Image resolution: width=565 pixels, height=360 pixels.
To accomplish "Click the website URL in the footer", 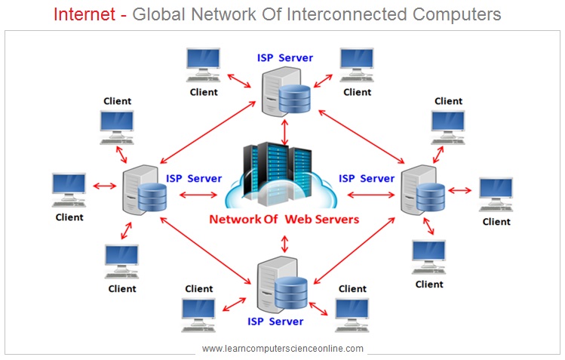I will coord(283,349).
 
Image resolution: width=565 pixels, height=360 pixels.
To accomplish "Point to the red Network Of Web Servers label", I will coord(284,220).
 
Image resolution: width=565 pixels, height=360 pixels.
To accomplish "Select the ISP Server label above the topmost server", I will coord(285,57).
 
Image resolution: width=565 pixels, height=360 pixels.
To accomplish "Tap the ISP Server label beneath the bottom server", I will coord(276,322).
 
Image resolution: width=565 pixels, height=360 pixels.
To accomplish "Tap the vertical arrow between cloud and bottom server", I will coord(284,243).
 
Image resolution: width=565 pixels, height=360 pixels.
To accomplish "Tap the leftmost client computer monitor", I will coord(69,187).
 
